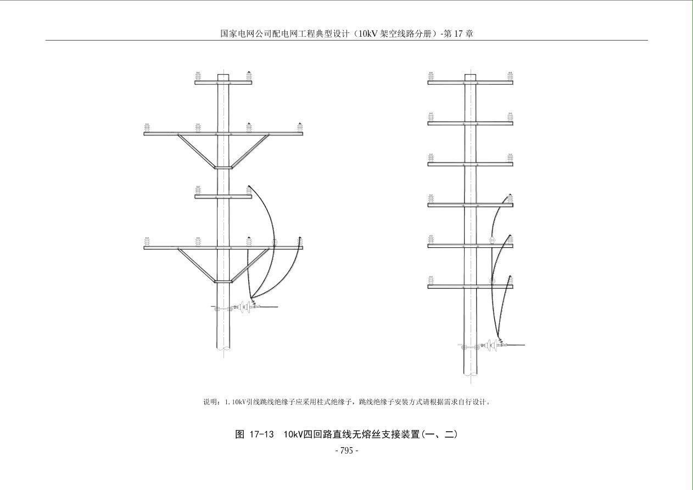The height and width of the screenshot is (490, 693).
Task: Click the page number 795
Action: (x=347, y=451)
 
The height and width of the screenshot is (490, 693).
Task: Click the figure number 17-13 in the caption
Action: (x=261, y=435)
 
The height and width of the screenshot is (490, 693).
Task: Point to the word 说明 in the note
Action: (x=211, y=402)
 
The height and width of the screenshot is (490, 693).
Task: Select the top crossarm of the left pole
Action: (x=223, y=83)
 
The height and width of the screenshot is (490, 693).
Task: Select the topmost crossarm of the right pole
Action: (x=470, y=83)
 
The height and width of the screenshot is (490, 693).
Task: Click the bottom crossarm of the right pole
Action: (x=470, y=286)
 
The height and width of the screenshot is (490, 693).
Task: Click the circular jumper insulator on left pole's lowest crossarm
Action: (x=275, y=242)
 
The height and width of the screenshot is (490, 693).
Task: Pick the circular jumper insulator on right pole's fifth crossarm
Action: (x=493, y=240)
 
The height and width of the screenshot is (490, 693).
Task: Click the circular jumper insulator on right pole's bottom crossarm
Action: (x=493, y=281)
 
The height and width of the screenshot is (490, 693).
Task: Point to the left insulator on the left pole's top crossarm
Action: (x=198, y=76)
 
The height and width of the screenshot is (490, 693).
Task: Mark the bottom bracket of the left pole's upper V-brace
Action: (x=223, y=168)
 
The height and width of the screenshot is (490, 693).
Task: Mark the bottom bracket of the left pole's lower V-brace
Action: (x=223, y=281)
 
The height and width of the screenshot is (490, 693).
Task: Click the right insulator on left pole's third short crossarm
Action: (x=249, y=190)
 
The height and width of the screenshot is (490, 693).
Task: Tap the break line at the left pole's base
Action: (x=223, y=348)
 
